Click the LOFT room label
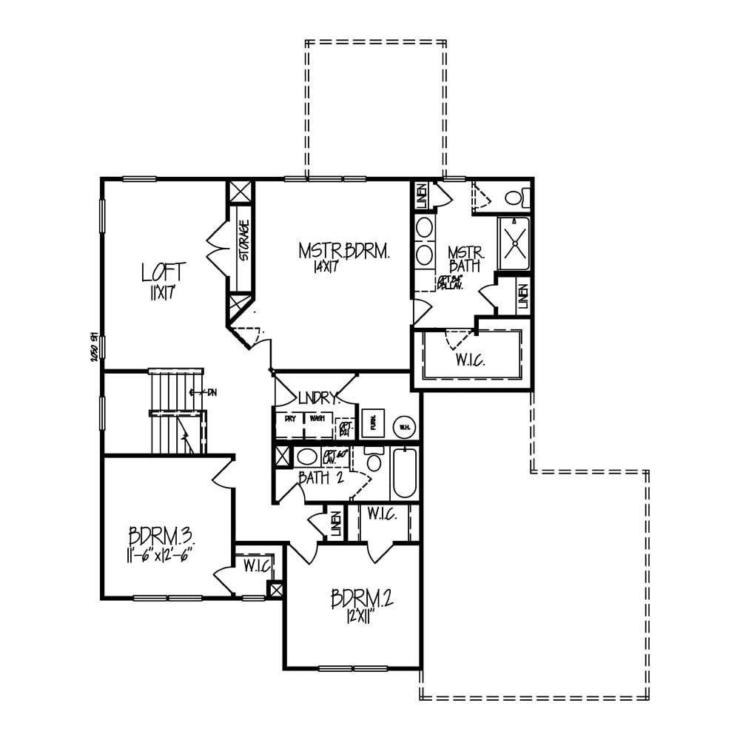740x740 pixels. (x=164, y=272)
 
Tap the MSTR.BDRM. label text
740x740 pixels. (x=343, y=252)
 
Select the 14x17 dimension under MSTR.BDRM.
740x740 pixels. (x=325, y=267)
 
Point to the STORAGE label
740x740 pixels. (x=243, y=240)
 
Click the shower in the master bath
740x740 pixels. (x=514, y=243)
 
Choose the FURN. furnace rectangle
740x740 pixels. (x=374, y=423)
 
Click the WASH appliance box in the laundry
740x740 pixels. (x=317, y=418)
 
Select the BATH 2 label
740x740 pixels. (x=320, y=478)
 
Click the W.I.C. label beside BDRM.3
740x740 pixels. (x=256, y=565)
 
